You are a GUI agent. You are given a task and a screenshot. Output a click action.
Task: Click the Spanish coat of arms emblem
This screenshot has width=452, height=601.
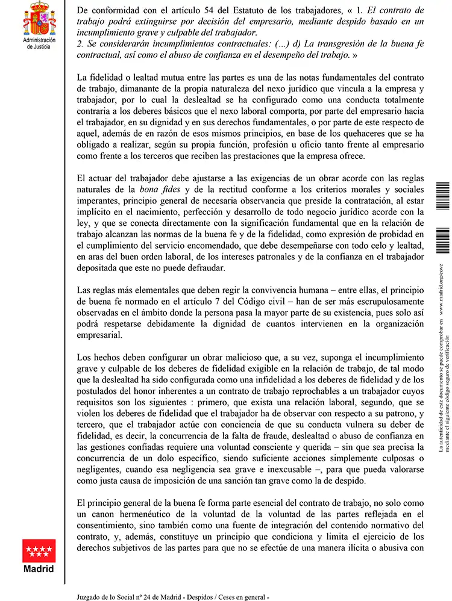click(x=39, y=18)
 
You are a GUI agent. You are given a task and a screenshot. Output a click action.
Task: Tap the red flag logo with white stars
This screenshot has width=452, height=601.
click(x=39, y=549)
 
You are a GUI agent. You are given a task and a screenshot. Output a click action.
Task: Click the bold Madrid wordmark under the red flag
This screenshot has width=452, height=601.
click(x=39, y=568)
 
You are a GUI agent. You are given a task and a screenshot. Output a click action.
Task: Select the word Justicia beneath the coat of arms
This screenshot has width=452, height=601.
click(x=39, y=46)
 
